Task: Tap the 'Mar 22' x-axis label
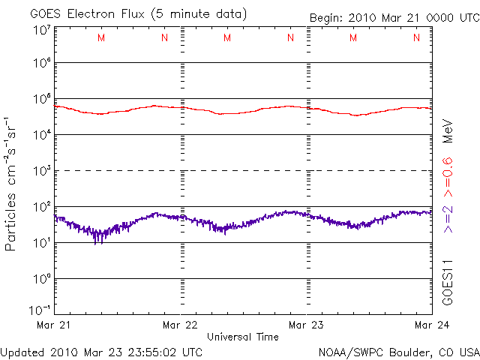pos(180,325)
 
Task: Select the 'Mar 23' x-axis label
pos(305,325)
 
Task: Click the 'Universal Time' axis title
pos(242,337)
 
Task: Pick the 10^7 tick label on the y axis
pos(41,30)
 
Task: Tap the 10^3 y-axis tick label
pos(41,171)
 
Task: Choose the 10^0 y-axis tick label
pos(41,279)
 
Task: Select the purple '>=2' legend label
pos(447,219)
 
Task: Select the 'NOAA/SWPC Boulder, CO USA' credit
pos(397,351)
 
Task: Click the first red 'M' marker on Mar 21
pos(101,38)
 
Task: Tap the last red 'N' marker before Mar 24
pos(416,38)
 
